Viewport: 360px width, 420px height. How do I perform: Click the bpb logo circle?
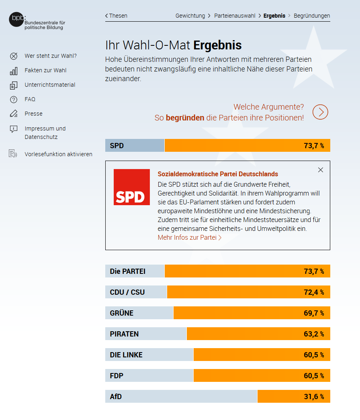click(x=16, y=19)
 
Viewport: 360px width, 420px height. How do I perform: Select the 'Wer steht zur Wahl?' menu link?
click(x=51, y=56)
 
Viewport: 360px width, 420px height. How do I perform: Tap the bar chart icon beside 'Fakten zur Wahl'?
click(x=14, y=71)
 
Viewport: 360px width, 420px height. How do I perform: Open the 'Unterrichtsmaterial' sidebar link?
click(x=50, y=85)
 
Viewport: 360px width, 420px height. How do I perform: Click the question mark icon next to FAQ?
click(x=14, y=100)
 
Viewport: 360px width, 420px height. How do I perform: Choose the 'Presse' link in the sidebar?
click(x=33, y=114)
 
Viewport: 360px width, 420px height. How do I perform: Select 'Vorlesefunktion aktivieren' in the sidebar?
click(x=58, y=154)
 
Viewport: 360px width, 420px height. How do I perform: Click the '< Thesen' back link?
click(x=117, y=16)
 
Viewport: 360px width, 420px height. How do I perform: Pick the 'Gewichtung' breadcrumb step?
click(x=190, y=16)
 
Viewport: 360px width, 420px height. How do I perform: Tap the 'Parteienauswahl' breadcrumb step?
click(x=235, y=16)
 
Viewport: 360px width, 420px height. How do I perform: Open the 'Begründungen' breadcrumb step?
click(x=312, y=16)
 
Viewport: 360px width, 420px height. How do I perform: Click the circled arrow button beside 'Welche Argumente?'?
click(x=320, y=112)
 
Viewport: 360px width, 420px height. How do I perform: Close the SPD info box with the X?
click(x=321, y=170)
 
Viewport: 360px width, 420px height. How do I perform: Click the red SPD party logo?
click(x=131, y=187)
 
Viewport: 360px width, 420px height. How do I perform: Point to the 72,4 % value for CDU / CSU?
click(x=314, y=292)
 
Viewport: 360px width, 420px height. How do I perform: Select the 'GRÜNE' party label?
click(x=122, y=313)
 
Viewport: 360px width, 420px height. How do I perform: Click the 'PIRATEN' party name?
click(x=124, y=334)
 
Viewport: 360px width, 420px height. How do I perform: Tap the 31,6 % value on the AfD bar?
click(x=314, y=397)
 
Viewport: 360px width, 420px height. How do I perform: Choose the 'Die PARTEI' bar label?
click(x=128, y=271)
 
